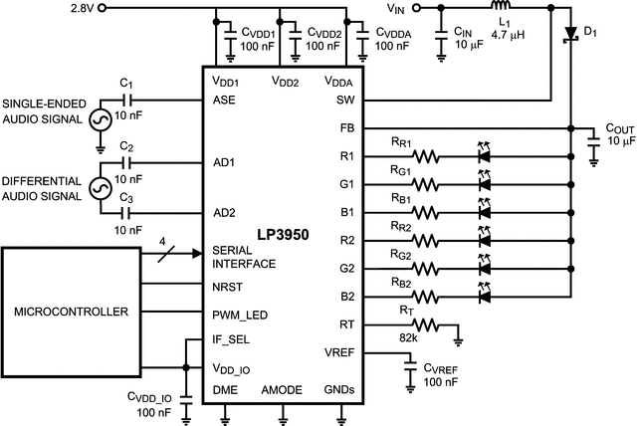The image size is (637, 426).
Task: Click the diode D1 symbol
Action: click(571, 35)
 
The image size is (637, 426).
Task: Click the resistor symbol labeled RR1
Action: click(426, 156)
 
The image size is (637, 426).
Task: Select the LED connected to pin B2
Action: click(487, 296)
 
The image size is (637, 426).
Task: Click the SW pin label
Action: click(345, 101)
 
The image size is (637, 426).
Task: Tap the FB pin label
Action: click(345, 128)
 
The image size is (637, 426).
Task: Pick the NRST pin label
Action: click(229, 287)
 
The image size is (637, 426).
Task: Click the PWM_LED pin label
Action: click(239, 315)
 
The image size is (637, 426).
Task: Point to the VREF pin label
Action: click(338, 352)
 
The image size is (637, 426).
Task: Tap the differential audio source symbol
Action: click(101, 188)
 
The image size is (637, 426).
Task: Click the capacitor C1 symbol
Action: click(127, 101)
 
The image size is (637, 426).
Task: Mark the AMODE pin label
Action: click(281, 390)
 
